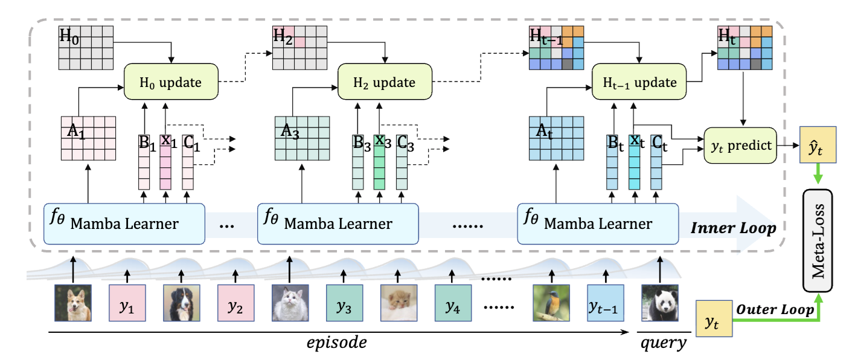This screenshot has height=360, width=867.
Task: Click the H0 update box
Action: pos(171,82)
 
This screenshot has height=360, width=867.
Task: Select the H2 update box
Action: pos(385,82)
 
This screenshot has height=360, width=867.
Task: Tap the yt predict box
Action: pos(740,146)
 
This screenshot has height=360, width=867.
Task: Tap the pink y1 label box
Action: pos(127,307)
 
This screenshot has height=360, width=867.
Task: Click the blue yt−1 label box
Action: pos(605,307)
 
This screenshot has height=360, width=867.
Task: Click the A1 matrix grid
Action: pos(88,138)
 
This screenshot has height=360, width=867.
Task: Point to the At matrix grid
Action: pos(555,138)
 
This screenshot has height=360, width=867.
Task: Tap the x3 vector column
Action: pos(380,163)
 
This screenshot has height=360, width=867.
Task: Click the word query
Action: pos(663,343)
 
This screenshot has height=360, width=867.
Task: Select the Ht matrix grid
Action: pos(745,48)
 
